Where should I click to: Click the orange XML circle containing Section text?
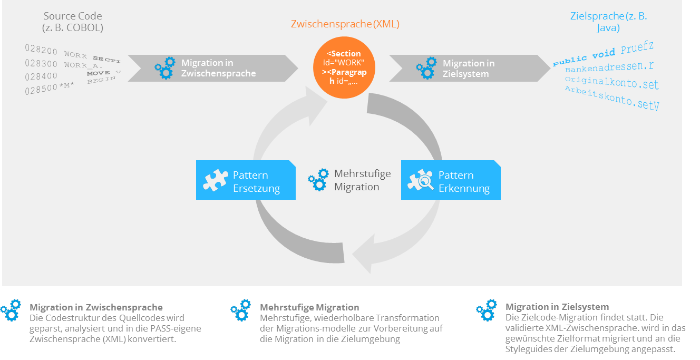point(344,67)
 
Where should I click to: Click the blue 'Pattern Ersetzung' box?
point(246,180)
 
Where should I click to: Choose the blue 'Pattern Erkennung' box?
point(451,180)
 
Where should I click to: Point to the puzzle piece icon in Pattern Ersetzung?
point(215,180)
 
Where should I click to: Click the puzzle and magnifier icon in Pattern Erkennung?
point(420,180)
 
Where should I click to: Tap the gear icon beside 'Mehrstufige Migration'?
point(318,180)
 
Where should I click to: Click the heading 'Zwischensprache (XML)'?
point(345,24)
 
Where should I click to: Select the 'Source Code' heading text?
point(73,16)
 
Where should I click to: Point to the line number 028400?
point(41,77)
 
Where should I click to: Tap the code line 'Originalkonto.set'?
point(611,82)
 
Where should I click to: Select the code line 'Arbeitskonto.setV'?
point(611,98)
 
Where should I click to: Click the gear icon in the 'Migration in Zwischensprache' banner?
point(165,68)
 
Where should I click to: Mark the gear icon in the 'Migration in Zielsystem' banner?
point(426,68)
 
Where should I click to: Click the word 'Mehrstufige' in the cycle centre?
point(362,174)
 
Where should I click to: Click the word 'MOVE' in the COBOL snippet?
point(99,73)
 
